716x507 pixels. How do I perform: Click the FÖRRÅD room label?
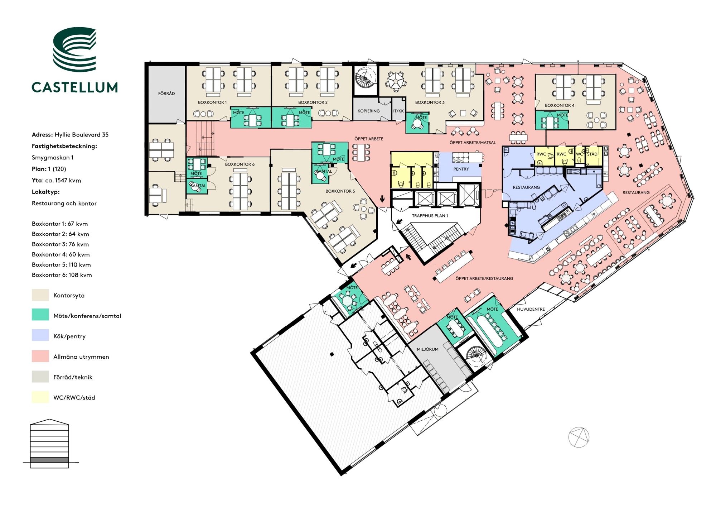tap(166, 94)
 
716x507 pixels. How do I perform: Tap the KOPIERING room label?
tap(368, 111)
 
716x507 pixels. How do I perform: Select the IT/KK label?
tap(398, 111)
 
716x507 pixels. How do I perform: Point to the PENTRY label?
tap(461, 169)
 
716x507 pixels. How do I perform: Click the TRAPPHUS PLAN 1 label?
tap(430, 216)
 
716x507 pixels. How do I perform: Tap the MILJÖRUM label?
tap(427, 349)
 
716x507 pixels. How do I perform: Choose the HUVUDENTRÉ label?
tap(531, 309)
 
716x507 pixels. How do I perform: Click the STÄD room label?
tap(592, 154)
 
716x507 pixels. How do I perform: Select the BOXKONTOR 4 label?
tap(560, 105)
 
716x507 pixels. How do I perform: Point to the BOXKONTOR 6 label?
tap(240, 164)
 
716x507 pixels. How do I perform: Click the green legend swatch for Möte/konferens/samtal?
tap(40, 315)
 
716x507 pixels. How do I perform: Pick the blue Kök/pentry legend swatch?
tap(40, 335)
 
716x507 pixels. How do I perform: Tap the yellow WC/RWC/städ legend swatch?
tap(40, 397)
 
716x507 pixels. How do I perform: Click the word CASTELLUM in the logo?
tap(74, 87)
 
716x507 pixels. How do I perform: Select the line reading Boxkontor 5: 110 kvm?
tap(61, 265)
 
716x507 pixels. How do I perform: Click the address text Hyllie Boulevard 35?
tap(82, 135)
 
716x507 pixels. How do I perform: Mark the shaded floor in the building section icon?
tap(49, 460)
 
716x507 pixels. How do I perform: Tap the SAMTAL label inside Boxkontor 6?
tap(198, 186)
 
